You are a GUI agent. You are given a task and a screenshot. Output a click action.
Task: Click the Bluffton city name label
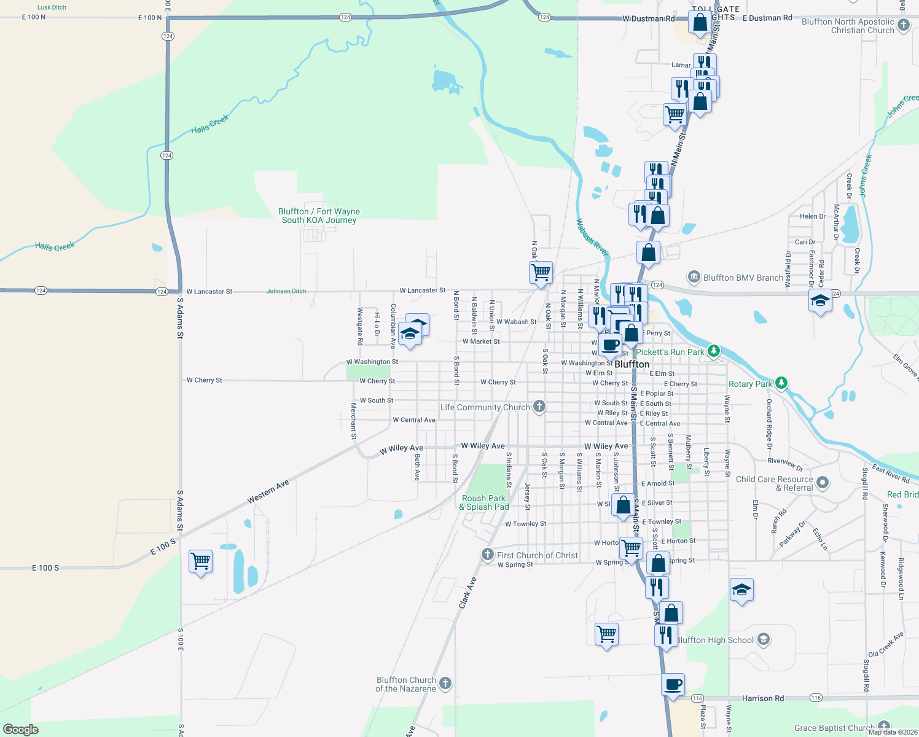(x=632, y=364)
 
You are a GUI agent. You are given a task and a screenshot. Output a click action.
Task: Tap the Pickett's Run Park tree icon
(x=713, y=351)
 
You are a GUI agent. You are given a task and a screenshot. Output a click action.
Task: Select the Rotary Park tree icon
(x=781, y=383)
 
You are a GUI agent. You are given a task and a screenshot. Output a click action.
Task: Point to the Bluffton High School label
(x=715, y=640)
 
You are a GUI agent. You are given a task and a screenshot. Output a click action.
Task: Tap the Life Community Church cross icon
(x=539, y=407)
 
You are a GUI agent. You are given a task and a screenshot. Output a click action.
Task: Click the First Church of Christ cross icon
(x=488, y=555)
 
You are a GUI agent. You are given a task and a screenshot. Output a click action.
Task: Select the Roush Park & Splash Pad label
(x=484, y=502)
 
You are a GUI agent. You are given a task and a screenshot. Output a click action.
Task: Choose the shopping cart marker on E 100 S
(x=200, y=561)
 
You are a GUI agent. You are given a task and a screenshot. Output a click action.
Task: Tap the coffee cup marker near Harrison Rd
(x=673, y=684)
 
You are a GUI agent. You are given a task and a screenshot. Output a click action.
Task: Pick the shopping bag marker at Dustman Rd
(x=700, y=23)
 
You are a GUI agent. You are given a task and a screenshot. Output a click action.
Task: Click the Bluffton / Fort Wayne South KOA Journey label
(x=319, y=216)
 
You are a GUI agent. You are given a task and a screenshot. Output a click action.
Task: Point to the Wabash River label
(x=592, y=238)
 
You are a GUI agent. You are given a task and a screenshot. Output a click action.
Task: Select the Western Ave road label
(x=268, y=492)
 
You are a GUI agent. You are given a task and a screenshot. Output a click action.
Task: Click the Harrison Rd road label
(x=762, y=698)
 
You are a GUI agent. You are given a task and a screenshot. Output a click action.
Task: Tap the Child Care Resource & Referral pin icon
(x=823, y=483)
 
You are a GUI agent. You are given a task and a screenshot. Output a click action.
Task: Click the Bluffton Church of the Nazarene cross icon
(x=445, y=683)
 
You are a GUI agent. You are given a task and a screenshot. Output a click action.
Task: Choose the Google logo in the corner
(x=20, y=730)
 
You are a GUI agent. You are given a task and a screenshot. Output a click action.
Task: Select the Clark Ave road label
(x=467, y=593)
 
